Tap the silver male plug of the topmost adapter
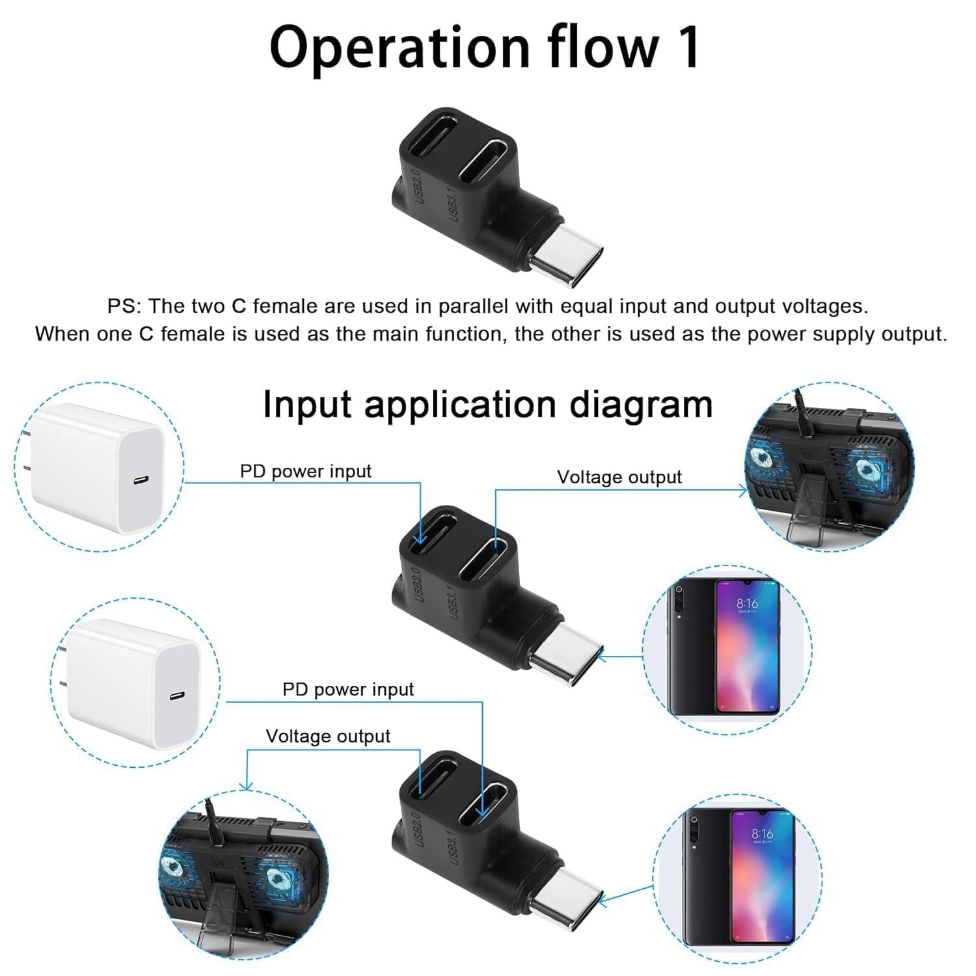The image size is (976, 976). pos(566,256)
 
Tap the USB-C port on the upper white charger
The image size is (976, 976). pos(141,481)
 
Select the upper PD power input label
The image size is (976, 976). pos(305,471)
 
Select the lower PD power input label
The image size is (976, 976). pos(347,689)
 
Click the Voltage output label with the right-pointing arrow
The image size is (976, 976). pos(619,477)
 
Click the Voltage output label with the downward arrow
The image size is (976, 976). pos(327,736)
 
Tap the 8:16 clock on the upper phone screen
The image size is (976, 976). pos(748,604)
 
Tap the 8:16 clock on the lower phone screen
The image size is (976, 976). pos(763,834)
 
